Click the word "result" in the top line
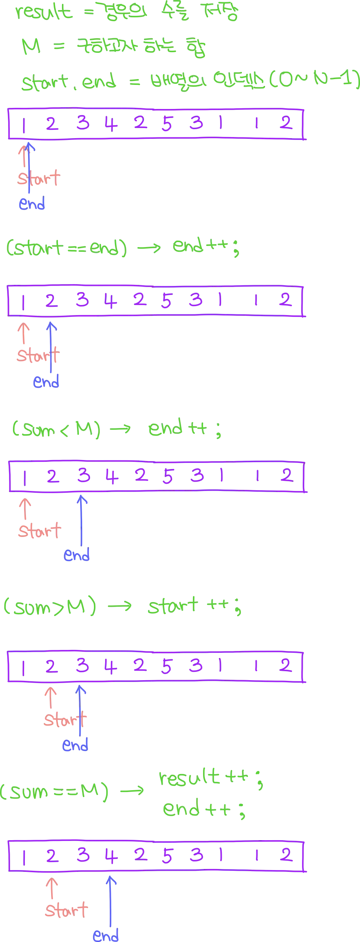[x=44, y=13]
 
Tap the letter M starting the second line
[x=32, y=47]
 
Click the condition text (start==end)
[x=66, y=248]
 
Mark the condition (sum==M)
[x=55, y=792]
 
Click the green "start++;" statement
[x=194, y=607]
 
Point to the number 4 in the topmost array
[x=110, y=124]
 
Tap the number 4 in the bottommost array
[x=111, y=856]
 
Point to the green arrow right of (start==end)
[x=148, y=248]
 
